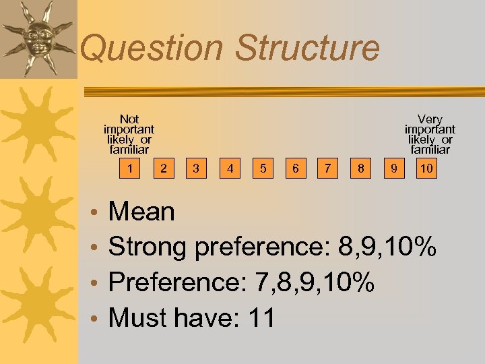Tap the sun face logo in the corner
pyautogui.click(x=36, y=38)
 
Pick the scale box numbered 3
pyautogui.click(x=196, y=168)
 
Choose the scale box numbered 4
pyautogui.click(x=230, y=168)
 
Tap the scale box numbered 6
pyautogui.click(x=295, y=168)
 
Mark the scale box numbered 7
pyautogui.click(x=328, y=168)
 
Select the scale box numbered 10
pyautogui.click(x=426, y=168)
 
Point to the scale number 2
pyautogui.click(x=164, y=168)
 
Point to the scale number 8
pyautogui.click(x=362, y=168)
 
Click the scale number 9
pyautogui.click(x=393, y=168)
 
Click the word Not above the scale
pyautogui.click(x=129, y=119)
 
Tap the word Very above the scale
pyautogui.click(x=430, y=119)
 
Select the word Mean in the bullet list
pyautogui.click(x=141, y=212)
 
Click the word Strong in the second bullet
pyautogui.click(x=148, y=247)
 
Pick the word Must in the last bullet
pyautogui.click(x=137, y=316)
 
